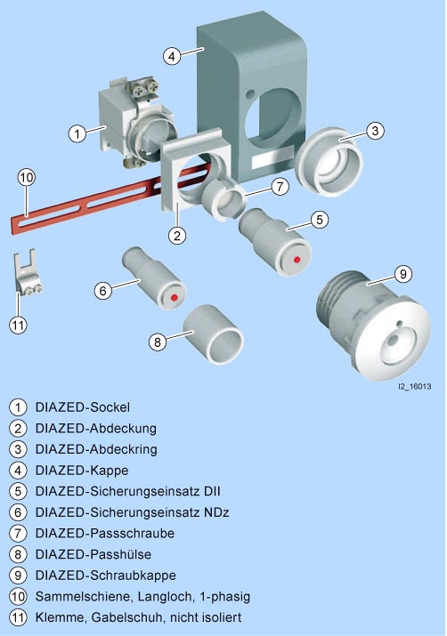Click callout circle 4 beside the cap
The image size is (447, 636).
pos(172,56)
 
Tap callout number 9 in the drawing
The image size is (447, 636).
pos(403,274)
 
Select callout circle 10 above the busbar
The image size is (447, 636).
pos(27,178)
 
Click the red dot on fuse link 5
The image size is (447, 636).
pos(297,259)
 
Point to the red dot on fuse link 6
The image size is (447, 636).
pos(175,297)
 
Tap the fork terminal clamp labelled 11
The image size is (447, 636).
pos(27,272)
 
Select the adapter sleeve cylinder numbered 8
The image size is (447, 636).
pos(213,334)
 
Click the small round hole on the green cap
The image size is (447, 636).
pos(250,94)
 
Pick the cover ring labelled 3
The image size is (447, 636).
pos(329,162)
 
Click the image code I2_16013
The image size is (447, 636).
pos(414,387)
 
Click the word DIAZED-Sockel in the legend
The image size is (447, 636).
pos(83,407)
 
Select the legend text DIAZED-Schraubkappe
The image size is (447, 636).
pos(106,576)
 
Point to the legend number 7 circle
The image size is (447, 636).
pos(18,534)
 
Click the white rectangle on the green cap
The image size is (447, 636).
pos(272,159)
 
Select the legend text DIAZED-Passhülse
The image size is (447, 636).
pos(93,554)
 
